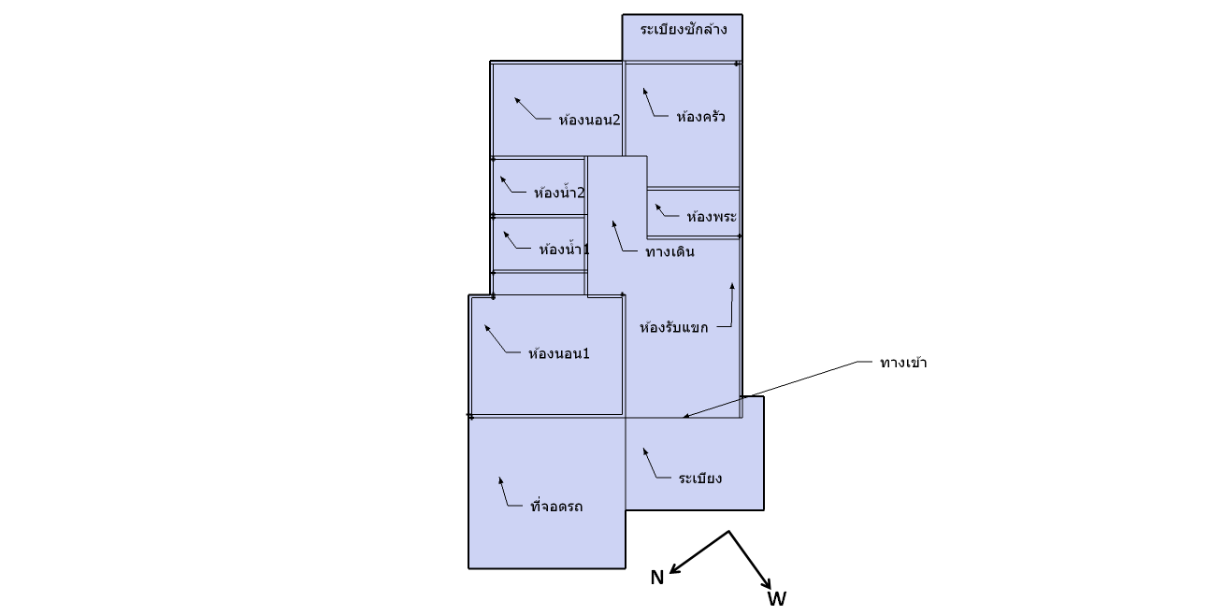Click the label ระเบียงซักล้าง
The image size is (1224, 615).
coord(683,30)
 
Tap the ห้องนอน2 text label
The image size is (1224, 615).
coord(589,120)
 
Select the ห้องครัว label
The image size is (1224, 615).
coord(700,116)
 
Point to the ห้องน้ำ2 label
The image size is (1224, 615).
coord(559,193)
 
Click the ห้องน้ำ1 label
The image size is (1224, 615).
coord(564,249)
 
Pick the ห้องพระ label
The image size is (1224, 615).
coord(712,216)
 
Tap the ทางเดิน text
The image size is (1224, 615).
coord(670,251)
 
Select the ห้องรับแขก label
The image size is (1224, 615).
coord(673,328)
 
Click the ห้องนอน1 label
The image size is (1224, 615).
coord(558,353)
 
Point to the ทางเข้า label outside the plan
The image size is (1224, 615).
coord(903,363)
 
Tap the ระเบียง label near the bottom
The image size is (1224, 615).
coord(700,479)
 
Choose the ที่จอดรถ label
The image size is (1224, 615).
coord(556,506)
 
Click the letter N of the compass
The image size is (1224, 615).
coord(656,578)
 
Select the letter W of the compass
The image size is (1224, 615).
coord(776,598)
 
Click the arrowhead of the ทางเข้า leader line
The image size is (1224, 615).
coord(685,417)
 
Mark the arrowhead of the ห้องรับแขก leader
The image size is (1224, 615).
coord(732,285)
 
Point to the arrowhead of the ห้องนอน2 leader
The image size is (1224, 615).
coord(517,100)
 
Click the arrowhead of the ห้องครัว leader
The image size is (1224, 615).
coord(645,91)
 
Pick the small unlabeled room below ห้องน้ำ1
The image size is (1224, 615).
coord(540,284)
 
